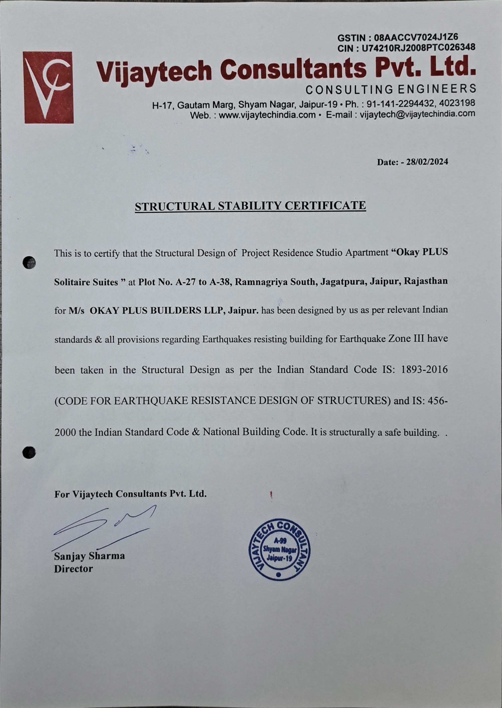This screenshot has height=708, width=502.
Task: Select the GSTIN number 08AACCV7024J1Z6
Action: tap(416, 38)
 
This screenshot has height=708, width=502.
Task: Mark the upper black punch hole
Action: tap(29, 263)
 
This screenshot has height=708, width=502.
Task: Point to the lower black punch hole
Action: tap(29, 452)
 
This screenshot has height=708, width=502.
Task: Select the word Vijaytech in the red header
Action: tap(155, 71)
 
